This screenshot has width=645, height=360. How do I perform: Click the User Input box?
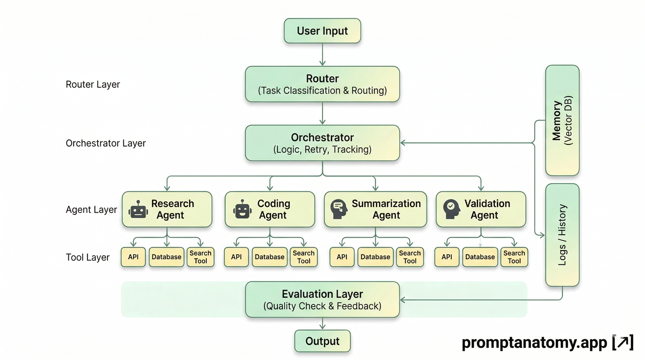click(322, 31)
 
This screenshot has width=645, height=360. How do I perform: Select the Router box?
click(322, 84)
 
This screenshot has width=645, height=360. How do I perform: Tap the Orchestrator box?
click(322, 143)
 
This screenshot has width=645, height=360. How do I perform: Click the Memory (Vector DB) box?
click(562, 120)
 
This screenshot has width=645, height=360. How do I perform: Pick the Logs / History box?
click(562, 235)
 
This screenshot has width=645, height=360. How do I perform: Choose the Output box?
click(322, 341)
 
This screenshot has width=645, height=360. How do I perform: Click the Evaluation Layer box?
click(322, 300)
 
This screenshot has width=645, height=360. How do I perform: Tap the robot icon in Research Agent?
click(138, 209)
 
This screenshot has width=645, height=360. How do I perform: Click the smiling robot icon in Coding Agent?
click(242, 209)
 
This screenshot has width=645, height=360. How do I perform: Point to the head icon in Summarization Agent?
click(339, 209)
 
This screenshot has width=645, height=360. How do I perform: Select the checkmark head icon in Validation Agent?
click(451, 209)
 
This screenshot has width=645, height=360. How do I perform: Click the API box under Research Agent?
click(133, 257)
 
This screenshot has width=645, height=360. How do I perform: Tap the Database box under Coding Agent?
click(270, 257)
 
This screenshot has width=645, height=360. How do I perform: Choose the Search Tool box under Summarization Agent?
click(410, 257)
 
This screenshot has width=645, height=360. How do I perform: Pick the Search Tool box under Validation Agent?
click(514, 257)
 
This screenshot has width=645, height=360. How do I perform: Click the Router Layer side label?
click(93, 84)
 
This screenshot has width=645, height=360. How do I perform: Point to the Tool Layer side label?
click(87, 257)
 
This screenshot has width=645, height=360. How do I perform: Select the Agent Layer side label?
click(91, 210)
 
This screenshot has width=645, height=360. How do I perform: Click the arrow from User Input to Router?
click(322, 54)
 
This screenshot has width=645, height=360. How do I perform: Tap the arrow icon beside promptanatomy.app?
click(623, 342)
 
